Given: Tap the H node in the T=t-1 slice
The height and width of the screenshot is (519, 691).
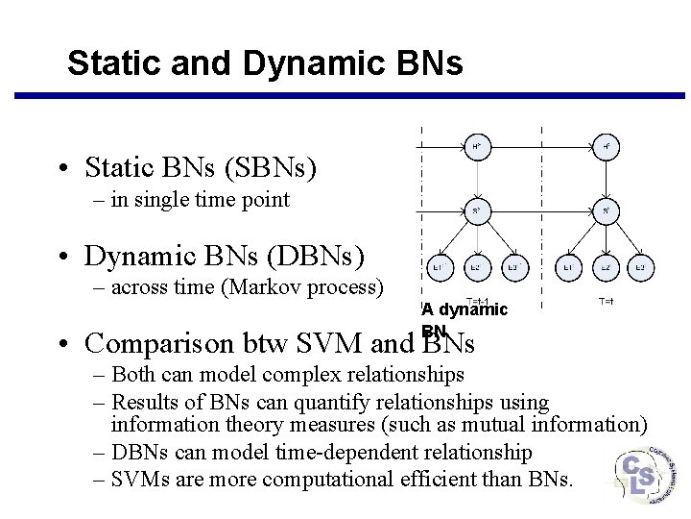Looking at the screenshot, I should point(477,147).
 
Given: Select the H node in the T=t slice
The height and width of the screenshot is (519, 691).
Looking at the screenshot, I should point(607,147).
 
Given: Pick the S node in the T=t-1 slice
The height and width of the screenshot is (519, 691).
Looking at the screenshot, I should point(477,210).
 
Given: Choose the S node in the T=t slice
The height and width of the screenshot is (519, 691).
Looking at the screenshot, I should point(607,210).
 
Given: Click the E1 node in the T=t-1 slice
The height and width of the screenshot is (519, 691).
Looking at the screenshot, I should point(437,267).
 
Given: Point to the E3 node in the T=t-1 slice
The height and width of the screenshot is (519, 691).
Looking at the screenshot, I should point(515,267).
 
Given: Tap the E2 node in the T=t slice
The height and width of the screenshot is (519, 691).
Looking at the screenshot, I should point(607,267).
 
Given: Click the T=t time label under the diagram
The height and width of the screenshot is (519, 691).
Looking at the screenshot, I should point(607,302).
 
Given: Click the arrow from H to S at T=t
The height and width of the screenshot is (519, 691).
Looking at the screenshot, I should point(607,179).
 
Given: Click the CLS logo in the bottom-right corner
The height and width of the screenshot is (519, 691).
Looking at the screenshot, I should point(642,475).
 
